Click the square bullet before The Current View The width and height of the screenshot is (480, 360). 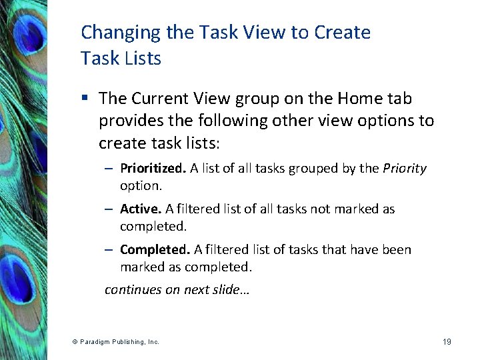tap(85, 99)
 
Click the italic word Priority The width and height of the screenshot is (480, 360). tap(404, 169)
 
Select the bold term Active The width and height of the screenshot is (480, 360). tap(138, 209)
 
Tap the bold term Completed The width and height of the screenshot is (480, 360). tap(155, 250)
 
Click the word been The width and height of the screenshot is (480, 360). tap(397, 250)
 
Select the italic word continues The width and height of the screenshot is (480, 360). tap(132, 291)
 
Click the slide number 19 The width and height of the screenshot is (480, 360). tap(446, 342)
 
